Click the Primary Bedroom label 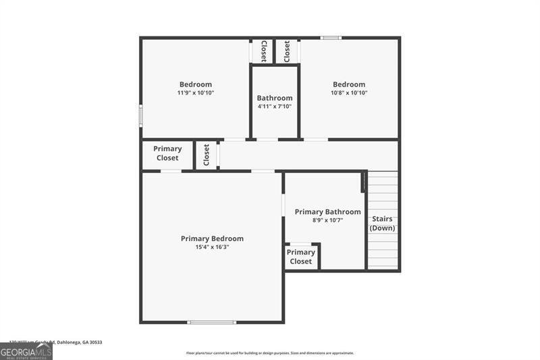coord(212,238)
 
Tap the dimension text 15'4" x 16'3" coord(212,247)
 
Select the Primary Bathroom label coord(327,211)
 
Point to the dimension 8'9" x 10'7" coord(327,220)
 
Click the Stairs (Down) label coord(381,224)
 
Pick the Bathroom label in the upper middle coord(275,98)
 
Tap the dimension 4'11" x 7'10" coord(275,107)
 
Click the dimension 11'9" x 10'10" coord(196,93)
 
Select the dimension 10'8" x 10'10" coord(349,93)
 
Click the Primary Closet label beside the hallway coord(167,153)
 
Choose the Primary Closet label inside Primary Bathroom coord(301,257)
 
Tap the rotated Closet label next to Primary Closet coord(207,155)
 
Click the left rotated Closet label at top coord(263,51)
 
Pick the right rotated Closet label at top coord(287,51)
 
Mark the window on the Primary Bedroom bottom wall coord(211,322)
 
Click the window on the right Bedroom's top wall coord(331,38)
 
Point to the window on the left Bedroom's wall coord(141,115)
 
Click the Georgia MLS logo coord(26,351)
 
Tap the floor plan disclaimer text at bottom coord(270,353)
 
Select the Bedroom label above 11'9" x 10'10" coord(196,84)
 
